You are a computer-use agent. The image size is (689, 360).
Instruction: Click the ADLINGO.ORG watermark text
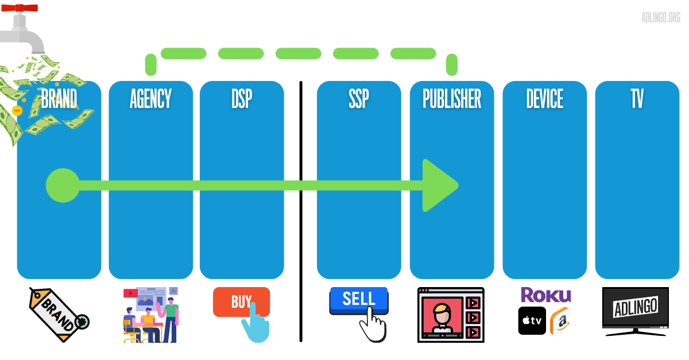click(x=661, y=17)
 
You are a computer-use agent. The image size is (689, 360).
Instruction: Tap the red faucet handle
click(x=19, y=8)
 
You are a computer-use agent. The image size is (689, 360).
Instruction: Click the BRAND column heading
click(x=59, y=99)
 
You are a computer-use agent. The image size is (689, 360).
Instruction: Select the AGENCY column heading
click(x=150, y=99)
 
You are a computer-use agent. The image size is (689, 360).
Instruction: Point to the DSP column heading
click(x=242, y=99)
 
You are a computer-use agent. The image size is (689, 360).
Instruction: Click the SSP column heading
click(x=359, y=99)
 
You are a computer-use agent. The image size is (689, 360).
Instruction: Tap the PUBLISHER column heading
click(x=452, y=99)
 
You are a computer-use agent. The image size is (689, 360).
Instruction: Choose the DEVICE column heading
click(x=544, y=99)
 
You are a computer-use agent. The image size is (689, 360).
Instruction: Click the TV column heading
click(x=637, y=99)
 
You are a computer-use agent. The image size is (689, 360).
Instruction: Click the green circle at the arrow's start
click(x=63, y=185)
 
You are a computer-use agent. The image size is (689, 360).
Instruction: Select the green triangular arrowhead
click(x=438, y=185)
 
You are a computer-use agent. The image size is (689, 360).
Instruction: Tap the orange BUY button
click(x=241, y=301)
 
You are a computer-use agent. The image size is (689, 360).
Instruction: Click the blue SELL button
click(x=358, y=299)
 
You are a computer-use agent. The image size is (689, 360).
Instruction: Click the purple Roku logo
click(x=545, y=295)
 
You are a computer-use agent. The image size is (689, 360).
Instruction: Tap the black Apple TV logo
click(x=532, y=321)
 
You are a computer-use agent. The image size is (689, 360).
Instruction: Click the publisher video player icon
click(x=451, y=315)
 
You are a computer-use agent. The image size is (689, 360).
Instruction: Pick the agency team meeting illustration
click(x=151, y=315)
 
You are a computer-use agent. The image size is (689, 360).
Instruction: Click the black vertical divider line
click(x=300, y=212)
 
